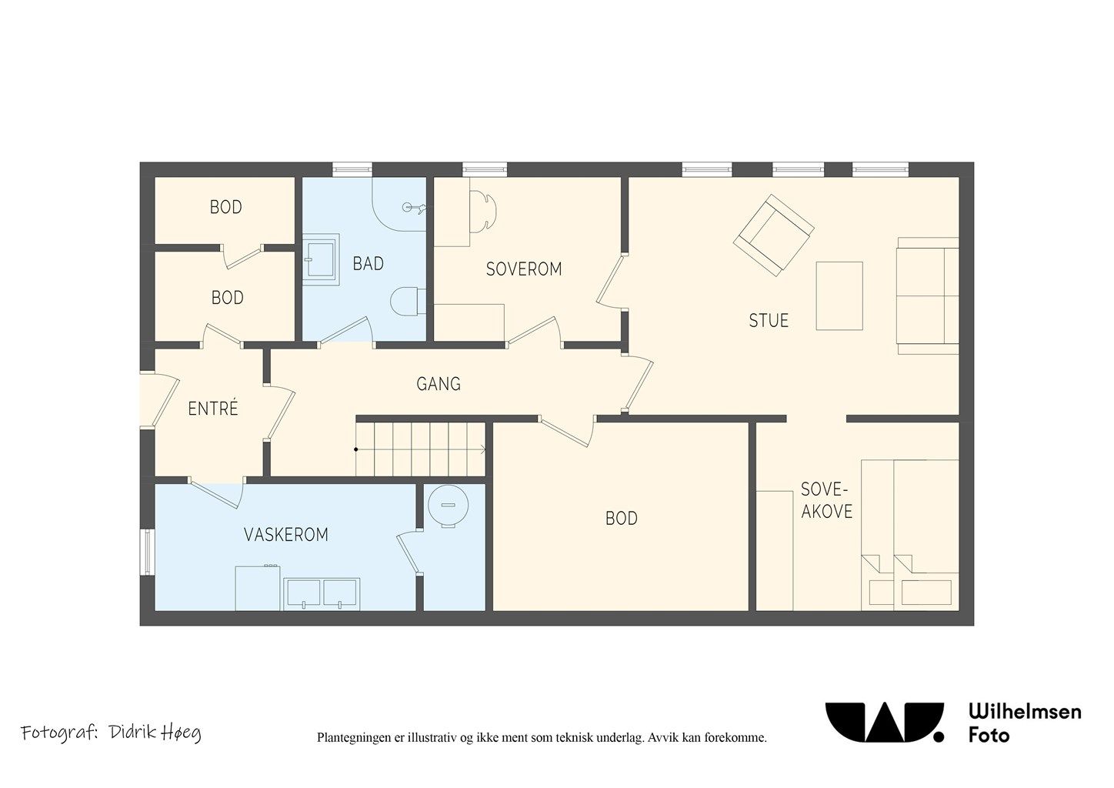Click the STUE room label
pos(769,320)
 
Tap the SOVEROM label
pos(524,269)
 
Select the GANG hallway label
pos(439,384)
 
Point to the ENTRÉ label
pos(213,409)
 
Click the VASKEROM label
pos(286,535)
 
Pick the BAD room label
pos(368,264)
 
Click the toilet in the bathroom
pos(409,302)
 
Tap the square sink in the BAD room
pos(321,259)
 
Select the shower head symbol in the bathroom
pos(414,208)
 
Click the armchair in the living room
pos(773,235)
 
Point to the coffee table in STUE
pos(839,296)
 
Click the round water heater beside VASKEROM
pos(448,506)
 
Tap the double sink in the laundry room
pos(322,594)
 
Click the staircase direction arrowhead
pos(483,449)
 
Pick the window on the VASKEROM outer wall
pos(148,553)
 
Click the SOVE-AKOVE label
pos(826,500)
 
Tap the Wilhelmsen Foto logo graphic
pos(884,723)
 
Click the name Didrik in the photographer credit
pos(128,733)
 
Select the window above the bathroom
pos(352,169)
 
